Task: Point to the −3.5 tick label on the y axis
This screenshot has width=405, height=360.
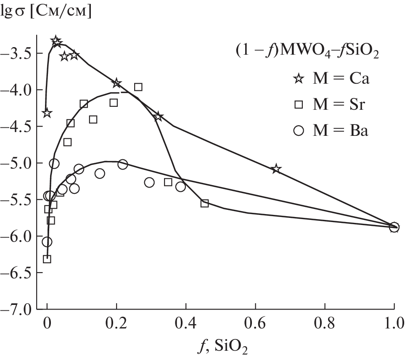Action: (x=19, y=53)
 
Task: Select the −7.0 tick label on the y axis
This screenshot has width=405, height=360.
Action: (x=19, y=310)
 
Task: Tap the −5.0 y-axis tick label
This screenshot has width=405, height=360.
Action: (x=19, y=163)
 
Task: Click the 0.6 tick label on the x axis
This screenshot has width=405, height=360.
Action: (x=255, y=324)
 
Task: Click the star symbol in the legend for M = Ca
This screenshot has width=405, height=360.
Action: (x=299, y=79)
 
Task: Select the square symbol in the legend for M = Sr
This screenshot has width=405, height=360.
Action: (x=299, y=105)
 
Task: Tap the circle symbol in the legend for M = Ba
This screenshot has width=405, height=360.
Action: (x=299, y=131)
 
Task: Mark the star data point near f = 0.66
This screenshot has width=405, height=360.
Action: (x=276, y=169)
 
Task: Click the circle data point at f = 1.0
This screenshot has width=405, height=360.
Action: (x=394, y=228)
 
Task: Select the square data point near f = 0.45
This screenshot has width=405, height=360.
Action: (x=205, y=204)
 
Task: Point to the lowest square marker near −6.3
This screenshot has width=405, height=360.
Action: (x=47, y=259)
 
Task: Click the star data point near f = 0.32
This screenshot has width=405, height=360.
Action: (x=158, y=116)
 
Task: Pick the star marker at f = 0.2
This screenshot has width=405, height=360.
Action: (x=117, y=83)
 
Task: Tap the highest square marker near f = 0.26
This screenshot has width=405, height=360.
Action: (x=138, y=87)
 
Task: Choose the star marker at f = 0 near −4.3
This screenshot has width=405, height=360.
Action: (x=47, y=113)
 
